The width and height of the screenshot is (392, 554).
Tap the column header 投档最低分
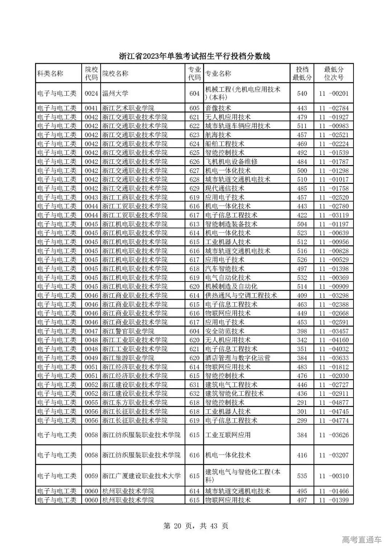[302, 74]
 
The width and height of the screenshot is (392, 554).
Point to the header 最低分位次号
[334, 74]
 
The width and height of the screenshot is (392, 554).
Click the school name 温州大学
[115, 94]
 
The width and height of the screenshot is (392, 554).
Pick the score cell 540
[302, 94]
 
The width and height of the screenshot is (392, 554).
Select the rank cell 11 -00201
[334, 94]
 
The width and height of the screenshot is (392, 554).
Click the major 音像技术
[218, 108]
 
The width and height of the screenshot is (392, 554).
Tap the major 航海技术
[218, 135]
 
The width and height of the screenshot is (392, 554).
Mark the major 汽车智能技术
[225, 269]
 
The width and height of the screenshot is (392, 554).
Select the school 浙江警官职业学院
[128, 331]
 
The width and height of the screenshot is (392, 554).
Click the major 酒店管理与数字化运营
[238, 358]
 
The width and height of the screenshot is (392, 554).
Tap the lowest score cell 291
[302, 403]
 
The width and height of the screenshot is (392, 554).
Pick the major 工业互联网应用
[228, 435]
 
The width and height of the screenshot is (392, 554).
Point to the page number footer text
[196, 526]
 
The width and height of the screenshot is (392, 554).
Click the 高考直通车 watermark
[362, 540]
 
